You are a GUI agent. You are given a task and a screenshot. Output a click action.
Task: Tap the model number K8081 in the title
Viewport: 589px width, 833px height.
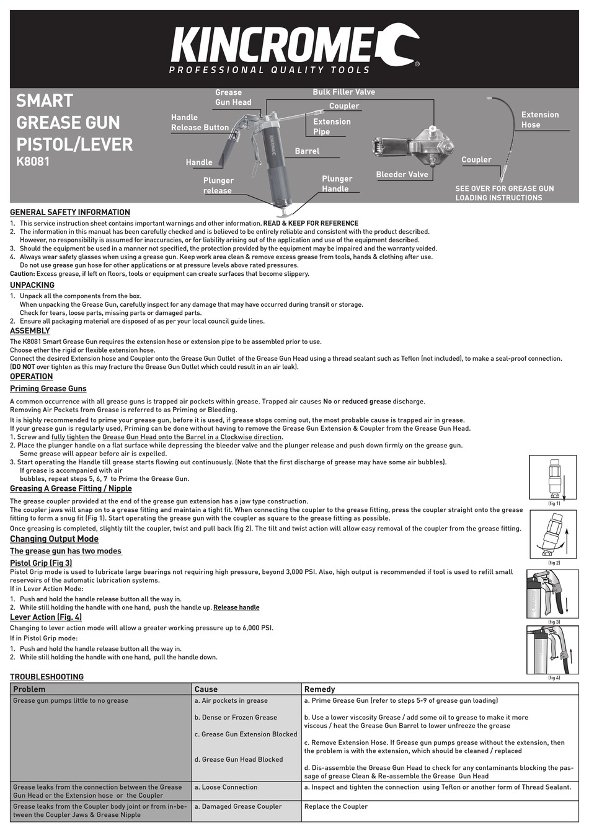tap(32, 162)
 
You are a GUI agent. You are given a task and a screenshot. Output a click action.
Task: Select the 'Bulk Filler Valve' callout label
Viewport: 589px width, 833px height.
tap(343, 92)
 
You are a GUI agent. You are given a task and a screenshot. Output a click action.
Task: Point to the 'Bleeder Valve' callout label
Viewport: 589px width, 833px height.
tap(402, 175)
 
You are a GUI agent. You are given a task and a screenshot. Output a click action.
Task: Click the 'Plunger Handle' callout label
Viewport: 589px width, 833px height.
tap(337, 184)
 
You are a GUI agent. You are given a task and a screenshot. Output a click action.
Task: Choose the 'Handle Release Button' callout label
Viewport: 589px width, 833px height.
tap(200, 123)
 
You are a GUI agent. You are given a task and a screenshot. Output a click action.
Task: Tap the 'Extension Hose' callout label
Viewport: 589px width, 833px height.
tap(539, 120)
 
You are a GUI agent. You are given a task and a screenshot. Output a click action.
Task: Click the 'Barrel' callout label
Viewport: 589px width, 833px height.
tap(307, 151)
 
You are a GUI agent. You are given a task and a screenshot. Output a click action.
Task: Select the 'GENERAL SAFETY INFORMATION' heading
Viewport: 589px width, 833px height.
tap(70, 213)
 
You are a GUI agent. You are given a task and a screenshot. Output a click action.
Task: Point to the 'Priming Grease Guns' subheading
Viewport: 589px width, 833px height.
tap(48, 389)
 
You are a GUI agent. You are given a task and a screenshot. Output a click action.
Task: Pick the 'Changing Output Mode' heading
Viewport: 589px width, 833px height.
tap(54, 539)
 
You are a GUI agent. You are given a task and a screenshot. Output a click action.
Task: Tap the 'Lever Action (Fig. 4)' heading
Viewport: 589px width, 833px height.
tap(46, 617)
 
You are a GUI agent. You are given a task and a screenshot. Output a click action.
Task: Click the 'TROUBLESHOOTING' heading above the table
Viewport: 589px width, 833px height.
tap(46, 677)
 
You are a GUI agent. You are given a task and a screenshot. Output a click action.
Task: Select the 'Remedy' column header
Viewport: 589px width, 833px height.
tap(319, 689)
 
